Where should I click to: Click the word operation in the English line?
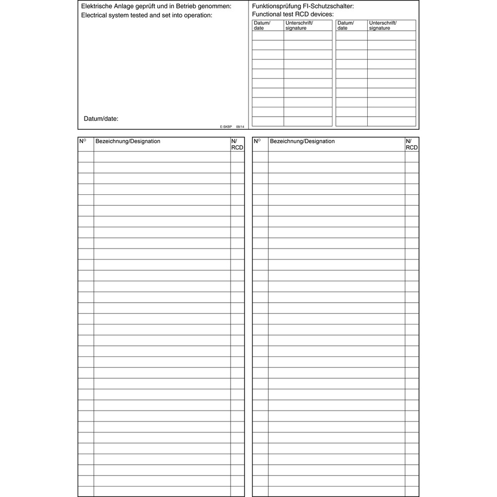tap(196, 15)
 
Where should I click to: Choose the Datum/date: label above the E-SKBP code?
tap(101, 119)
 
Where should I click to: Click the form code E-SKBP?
tap(226, 127)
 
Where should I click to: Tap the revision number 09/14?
tap(240, 127)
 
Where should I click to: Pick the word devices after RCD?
tap(322, 14)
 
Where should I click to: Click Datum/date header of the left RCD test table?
tap(262, 25)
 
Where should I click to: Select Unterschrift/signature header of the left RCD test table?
tap(299, 25)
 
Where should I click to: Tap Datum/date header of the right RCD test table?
tap(345, 25)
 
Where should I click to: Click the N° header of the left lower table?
tap(83, 142)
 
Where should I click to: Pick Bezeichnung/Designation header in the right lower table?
tap(302, 142)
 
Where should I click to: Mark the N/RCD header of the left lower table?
tap(238, 144)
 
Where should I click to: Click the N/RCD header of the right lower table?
tap(412, 144)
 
